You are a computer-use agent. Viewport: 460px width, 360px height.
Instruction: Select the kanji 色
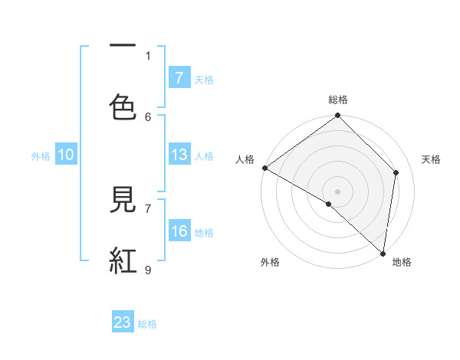pyautogui.click(x=123, y=107)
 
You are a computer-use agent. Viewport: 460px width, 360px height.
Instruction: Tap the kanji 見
pyautogui.click(x=123, y=201)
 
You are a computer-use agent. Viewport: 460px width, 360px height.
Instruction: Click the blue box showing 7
pyautogui.click(x=179, y=77)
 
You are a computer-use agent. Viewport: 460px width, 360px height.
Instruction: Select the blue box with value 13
pyautogui.click(x=179, y=155)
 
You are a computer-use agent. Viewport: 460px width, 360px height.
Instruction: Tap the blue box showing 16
pyautogui.click(x=179, y=231)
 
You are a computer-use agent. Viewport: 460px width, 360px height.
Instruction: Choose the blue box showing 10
pyautogui.click(x=66, y=155)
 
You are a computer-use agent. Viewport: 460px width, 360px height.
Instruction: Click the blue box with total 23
pyautogui.click(x=123, y=322)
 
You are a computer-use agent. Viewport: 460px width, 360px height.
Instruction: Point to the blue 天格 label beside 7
pyautogui.click(x=204, y=79)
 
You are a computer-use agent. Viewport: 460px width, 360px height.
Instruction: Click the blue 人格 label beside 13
pyautogui.click(x=204, y=156)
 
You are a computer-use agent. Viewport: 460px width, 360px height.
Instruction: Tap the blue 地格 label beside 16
pyautogui.click(x=204, y=233)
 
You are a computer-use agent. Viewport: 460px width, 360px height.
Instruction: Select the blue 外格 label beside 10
pyautogui.click(x=41, y=156)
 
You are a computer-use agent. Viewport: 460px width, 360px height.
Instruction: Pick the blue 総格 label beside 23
pyautogui.click(x=147, y=324)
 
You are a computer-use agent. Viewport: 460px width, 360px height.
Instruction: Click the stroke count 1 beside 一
pyautogui.click(x=148, y=55)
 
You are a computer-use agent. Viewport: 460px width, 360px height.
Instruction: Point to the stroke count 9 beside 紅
pyautogui.click(x=148, y=270)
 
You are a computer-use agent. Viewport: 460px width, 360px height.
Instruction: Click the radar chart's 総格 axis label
pyautogui.click(x=338, y=100)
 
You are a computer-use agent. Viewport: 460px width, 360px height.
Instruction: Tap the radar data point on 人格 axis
pyautogui.click(x=264, y=168)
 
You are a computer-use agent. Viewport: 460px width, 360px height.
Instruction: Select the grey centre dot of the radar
pyautogui.click(x=338, y=191)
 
